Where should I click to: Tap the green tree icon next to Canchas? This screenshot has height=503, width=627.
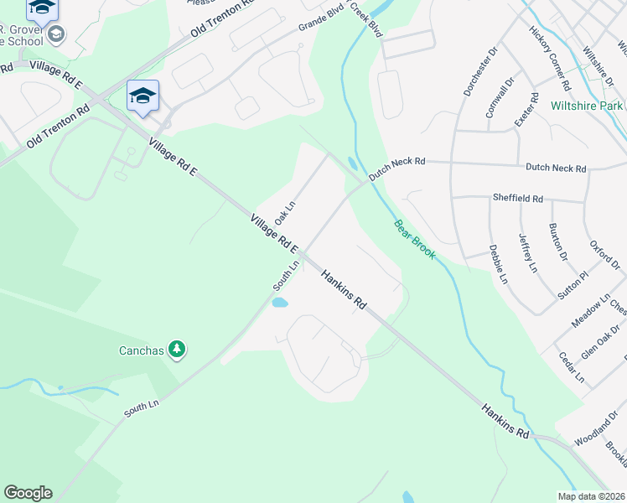(176, 348)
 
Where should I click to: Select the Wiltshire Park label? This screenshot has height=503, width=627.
(587, 106)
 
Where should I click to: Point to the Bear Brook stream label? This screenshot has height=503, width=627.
(414, 239)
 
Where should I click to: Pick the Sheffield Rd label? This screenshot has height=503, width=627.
(518, 200)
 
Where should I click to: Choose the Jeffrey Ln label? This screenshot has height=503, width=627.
(528, 253)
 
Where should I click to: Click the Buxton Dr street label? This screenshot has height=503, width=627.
(557, 242)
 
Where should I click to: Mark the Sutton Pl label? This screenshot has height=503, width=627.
(573, 286)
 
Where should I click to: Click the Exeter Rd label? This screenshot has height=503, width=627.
(523, 109)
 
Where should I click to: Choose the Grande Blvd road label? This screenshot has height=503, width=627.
(322, 23)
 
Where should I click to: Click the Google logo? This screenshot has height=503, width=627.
(28, 493)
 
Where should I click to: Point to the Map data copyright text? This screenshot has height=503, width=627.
(591, 496)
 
